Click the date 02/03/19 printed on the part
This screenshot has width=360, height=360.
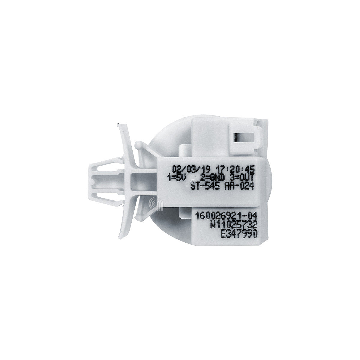[191, 169]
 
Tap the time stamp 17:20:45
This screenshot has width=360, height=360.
[235, 169]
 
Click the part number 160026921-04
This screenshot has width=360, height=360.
[226, 216]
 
